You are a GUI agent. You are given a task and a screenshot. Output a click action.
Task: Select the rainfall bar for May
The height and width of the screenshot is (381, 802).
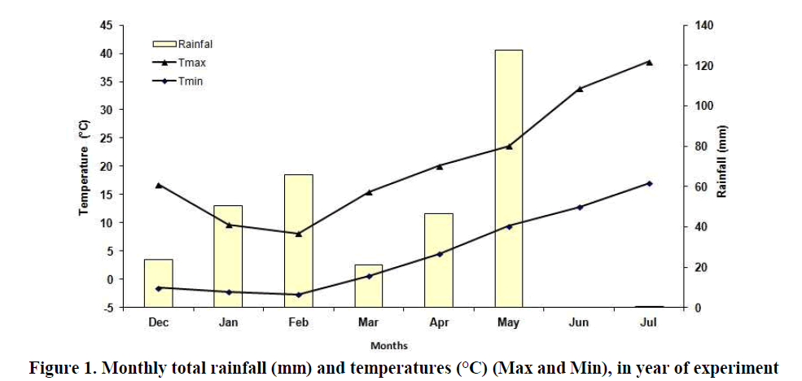pyautogui.click(x=509, y=178)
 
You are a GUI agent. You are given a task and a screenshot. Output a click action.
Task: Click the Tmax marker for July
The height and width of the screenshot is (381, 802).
pyautogui.click(x=649, y=62)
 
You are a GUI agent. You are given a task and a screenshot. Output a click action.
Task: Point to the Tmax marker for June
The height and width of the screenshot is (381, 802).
pyautogui.click(x=579, y=88)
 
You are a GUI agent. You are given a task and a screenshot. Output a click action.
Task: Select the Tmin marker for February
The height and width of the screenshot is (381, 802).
pyautogui.click(x=299, y=295)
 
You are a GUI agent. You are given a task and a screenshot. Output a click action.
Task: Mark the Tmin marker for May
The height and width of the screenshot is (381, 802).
pyautogui.click(x=509, y=226)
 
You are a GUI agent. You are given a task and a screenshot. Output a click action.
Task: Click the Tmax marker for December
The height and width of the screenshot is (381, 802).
pyautogui.click(x=159, y=185)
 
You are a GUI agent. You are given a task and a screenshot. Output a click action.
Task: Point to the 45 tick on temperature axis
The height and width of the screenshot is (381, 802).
pyautogui.click(x=107, y=25)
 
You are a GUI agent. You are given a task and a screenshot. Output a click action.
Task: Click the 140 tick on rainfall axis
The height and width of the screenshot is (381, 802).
pyautogui.click(x=703, y=25)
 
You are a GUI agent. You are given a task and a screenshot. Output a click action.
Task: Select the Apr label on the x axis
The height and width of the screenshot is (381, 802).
pyautogui.click(x=439, y=323)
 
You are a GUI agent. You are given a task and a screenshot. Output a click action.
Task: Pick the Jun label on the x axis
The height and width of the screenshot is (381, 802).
pyautogui.click(x=579, y=323)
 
